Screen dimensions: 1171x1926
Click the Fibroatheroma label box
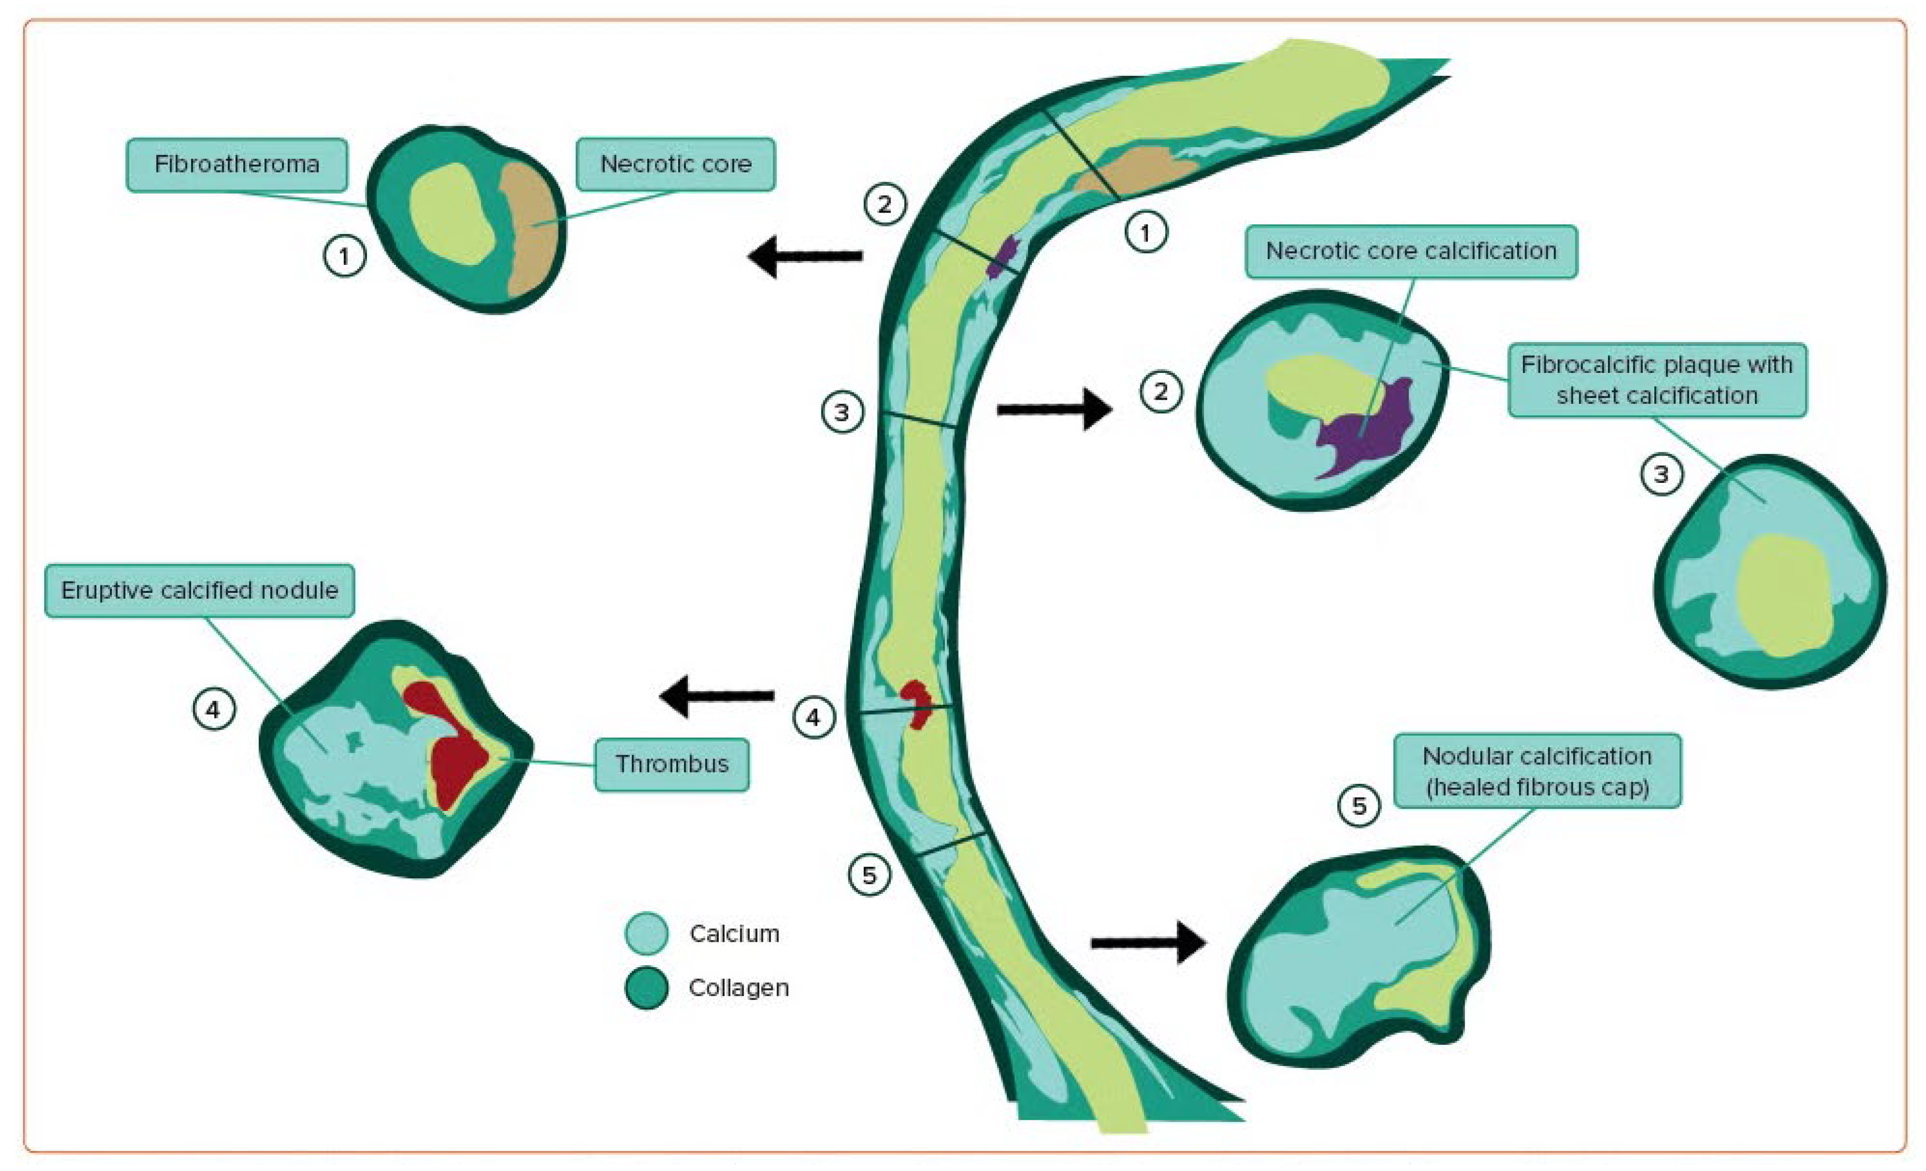coord(237,164)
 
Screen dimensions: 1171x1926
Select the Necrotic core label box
coord(675,164)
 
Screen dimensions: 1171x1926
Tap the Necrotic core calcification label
coord(1411,251)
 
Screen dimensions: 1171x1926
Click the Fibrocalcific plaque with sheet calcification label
coord(1656,380)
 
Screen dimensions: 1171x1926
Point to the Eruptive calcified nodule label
coord(199,590)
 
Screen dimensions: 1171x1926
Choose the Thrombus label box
coord(671,764)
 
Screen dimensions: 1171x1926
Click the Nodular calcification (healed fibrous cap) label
coord(1537,771)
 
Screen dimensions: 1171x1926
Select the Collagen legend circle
coord(646,987)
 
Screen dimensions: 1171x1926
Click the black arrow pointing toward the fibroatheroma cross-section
coord(805,256)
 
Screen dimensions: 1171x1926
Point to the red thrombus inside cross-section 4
coord(453,750)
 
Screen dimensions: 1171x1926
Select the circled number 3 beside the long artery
coord(842,412)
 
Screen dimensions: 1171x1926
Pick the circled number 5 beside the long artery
coord(869,875)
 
